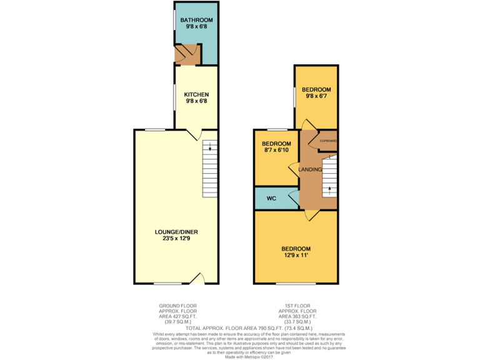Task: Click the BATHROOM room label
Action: (197, 21)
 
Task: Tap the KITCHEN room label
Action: (196, 94)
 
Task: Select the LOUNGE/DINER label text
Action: (176, 231)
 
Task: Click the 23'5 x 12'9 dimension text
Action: (176, 238)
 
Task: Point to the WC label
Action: (271, 198)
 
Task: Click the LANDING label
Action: (311, 169)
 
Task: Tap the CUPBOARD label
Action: (328, 141)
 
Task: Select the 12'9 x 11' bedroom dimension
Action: (296, 255)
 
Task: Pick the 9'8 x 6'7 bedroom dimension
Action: (318, 96)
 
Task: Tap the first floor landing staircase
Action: (329, 176)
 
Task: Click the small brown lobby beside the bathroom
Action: (186, 55)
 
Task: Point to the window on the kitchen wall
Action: (174, 97)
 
